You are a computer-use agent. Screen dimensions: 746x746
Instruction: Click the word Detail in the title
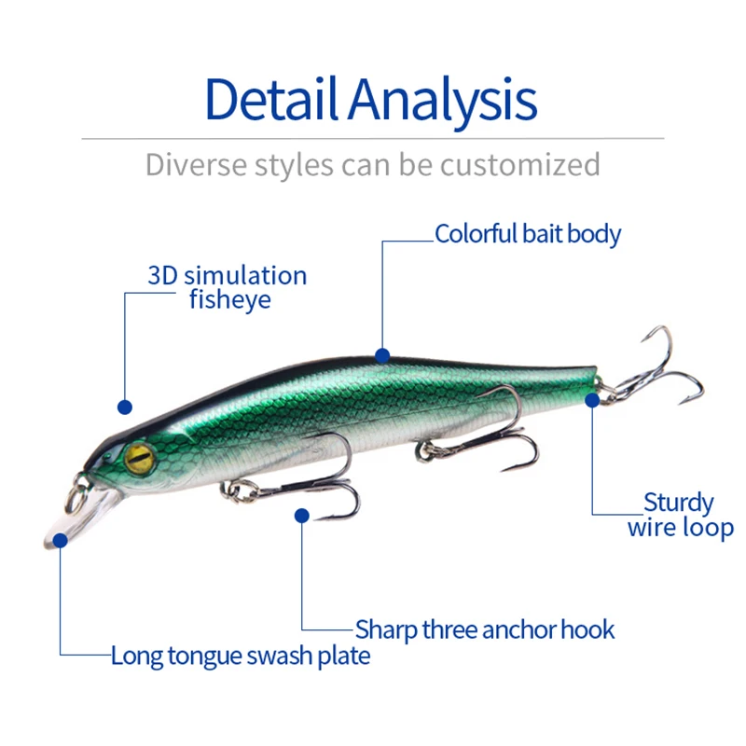pos(269,99)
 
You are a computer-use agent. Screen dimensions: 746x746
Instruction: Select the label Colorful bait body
pos(528,233)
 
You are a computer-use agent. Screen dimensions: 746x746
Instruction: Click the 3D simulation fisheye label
pos(227,287)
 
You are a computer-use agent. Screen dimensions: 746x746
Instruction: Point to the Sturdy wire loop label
pos(680,516)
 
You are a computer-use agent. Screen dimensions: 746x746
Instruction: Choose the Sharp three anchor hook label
pos(485,629)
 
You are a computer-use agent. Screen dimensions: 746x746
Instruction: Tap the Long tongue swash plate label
pos(241,656)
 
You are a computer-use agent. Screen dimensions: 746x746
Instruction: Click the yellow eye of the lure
pos(140,456)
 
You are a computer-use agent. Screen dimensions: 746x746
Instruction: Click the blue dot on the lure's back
pos(381,354)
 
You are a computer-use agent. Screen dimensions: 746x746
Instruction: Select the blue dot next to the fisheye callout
pos(125,407)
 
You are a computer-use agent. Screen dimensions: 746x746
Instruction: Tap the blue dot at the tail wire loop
pos(592,399)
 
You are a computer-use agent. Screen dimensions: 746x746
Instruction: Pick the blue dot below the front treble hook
pos(301,514)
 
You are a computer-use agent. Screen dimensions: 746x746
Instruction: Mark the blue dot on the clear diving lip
pos(60,539)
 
